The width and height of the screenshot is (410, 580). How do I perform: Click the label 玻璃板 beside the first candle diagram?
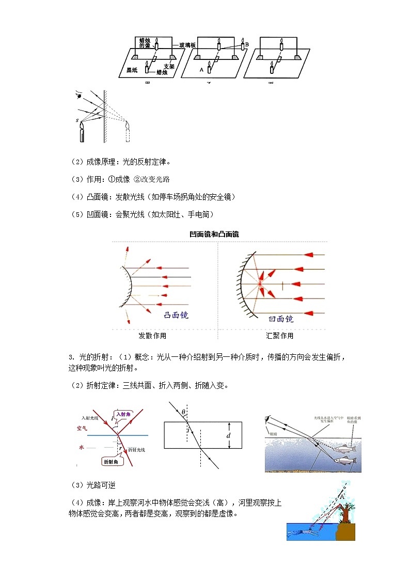coord(187,45)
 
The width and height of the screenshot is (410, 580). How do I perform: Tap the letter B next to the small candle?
coord(247,45)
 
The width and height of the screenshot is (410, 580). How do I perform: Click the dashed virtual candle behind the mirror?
coord(128,132)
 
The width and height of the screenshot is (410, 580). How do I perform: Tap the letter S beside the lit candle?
coord(76,120)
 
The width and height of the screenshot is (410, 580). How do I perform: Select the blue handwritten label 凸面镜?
coord(176,315)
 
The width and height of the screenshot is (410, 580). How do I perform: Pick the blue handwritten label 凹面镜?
coord(281,319)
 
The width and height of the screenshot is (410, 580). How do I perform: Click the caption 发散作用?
coord(152,336)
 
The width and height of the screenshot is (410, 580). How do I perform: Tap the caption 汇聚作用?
coord(279,336)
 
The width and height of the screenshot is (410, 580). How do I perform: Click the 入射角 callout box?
coord(126,414)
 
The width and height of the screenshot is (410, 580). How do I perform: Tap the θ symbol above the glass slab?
coord(183,411)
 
